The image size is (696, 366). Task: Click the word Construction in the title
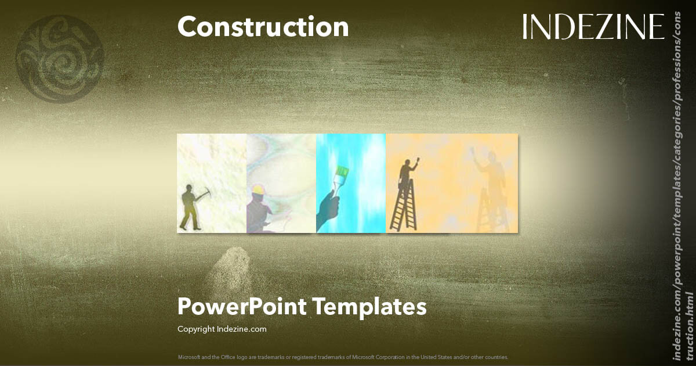pos(263,27)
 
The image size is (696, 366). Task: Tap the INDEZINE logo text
pos(593,27)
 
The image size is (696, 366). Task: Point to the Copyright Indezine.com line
pos(222,329)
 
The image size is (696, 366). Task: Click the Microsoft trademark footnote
pos(343,357)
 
